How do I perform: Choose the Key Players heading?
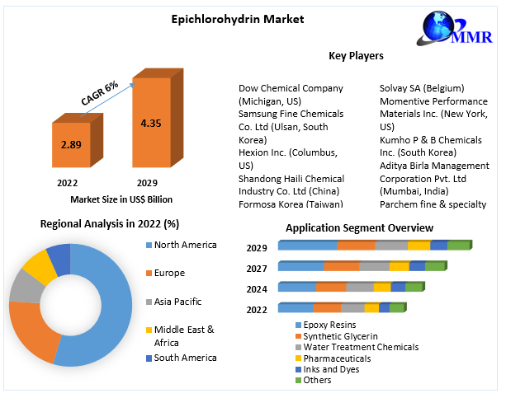pos(356,55)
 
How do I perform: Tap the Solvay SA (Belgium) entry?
pos(422,88)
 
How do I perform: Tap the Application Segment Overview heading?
pos(359,227)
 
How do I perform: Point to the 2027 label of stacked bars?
pos(256,268)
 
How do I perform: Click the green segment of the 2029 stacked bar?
pos(458,246)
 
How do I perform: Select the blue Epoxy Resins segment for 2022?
pos(296,308)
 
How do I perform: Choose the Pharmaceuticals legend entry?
pos(337,358)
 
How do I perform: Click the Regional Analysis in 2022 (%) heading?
pos(110,223)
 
